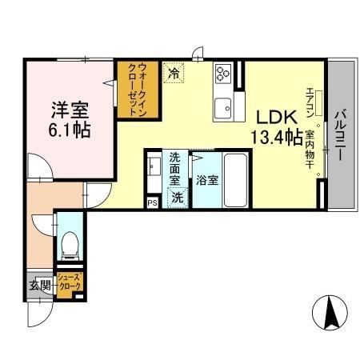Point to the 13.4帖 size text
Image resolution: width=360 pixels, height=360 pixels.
(277, 137)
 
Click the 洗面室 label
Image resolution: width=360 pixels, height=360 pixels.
(174, 168)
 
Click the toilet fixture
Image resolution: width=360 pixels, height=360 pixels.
(70, 242)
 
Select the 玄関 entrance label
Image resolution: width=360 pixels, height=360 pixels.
(40, 286)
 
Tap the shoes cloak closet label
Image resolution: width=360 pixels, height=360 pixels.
(68, 282)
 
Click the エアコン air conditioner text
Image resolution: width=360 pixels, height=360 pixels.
(308, 103)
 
